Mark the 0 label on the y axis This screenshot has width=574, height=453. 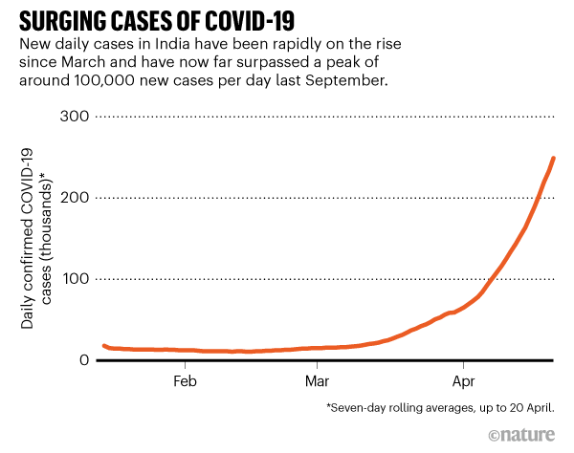[85, 360]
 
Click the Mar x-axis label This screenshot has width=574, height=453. [318, 380]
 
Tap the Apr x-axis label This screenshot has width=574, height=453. [463, 380]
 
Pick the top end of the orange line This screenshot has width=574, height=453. [553, 158]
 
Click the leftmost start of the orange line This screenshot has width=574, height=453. [103, 346]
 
